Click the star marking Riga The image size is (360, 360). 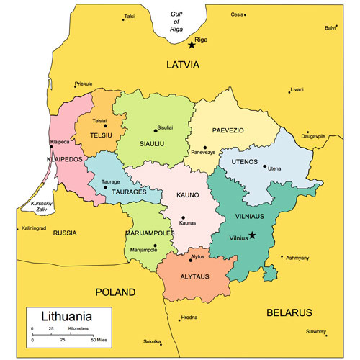192,45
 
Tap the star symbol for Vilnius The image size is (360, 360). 252,235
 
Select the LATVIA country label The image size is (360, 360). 182,65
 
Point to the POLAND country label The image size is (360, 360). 115,292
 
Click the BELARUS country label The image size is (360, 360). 289,312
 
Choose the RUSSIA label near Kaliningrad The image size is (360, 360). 65,233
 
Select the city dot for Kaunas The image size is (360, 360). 183,217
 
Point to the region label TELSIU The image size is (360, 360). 101,135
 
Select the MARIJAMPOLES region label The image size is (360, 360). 151,233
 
